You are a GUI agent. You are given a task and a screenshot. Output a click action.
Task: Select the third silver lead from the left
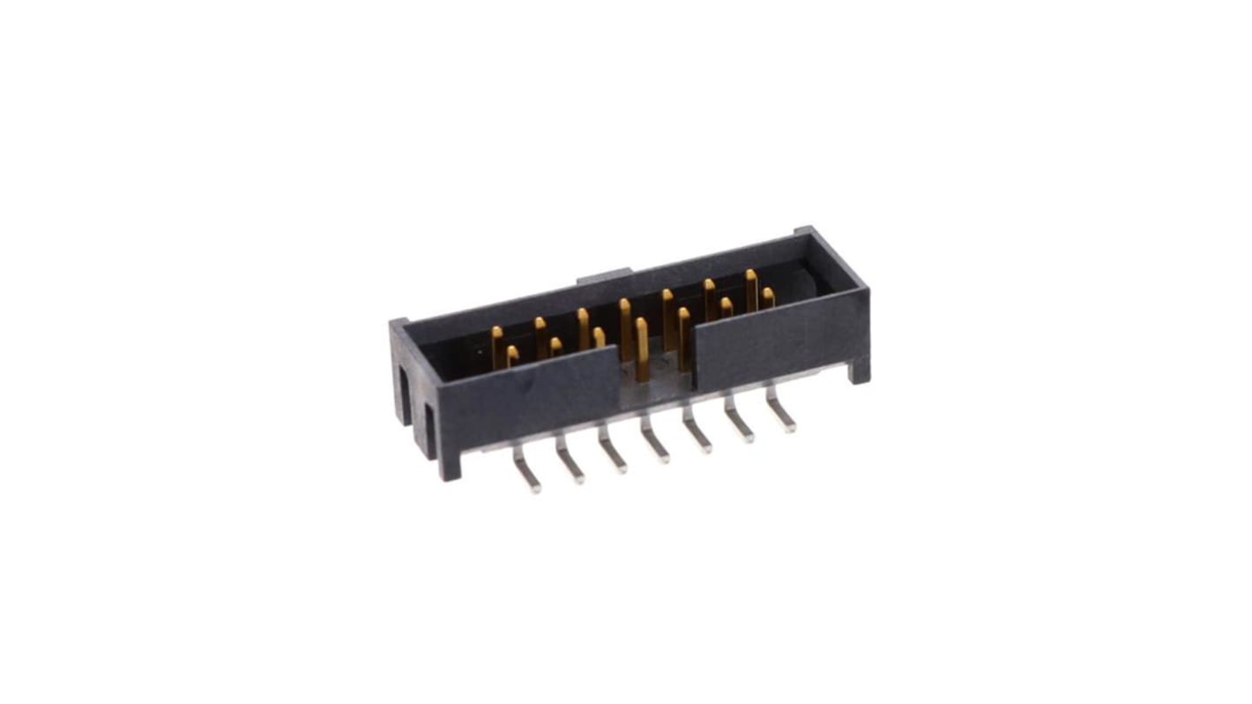[614, 456]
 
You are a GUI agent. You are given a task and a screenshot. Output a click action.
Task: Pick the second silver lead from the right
[740, 425]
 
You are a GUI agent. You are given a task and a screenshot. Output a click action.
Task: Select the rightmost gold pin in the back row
[751, 288]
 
